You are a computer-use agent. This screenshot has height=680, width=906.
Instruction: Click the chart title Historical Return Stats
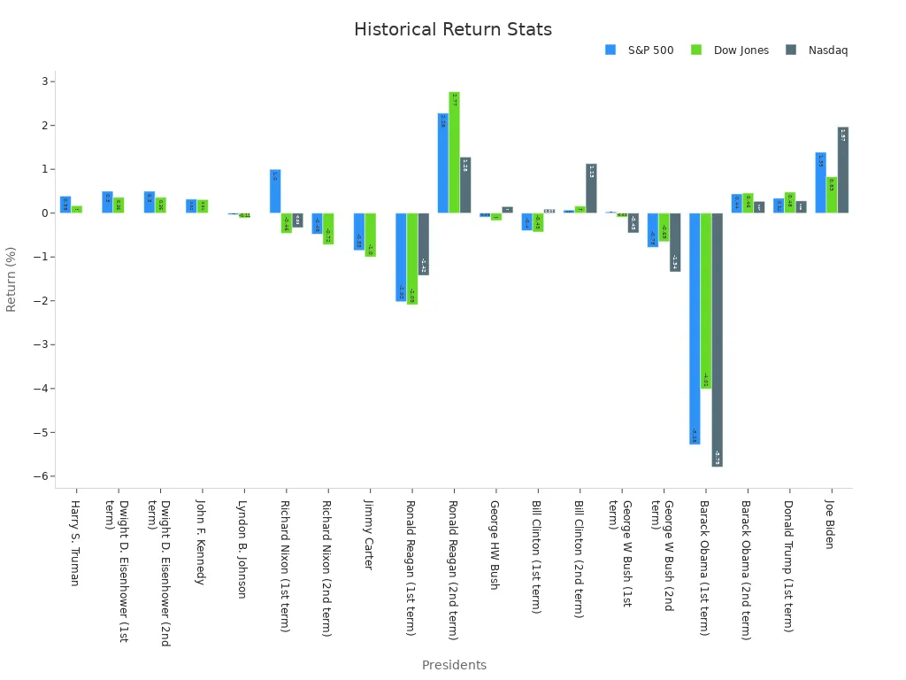click(x=452, y=30)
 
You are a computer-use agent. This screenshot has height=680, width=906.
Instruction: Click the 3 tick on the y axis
click(x=46, y=81)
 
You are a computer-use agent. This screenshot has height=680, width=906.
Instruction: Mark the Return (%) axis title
click(x=12, y=279)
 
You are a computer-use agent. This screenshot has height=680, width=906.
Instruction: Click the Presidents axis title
click(x=454, y=665)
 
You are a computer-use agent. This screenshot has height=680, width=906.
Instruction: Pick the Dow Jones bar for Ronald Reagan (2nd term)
click(x=454, y=152)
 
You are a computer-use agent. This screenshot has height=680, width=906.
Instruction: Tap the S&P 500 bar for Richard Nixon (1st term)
click(x=275, y=191)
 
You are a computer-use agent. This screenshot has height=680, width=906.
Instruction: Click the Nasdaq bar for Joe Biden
click(x=843, y=170)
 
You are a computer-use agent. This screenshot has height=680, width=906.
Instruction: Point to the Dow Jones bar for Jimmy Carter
click(x=370, y=235)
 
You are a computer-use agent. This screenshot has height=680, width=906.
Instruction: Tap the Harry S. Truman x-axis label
click(x=75, y=543)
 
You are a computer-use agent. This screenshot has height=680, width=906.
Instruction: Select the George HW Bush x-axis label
click(x=495, y=545)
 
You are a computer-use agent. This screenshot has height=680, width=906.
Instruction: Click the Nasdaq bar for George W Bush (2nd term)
click(x=675, y=242)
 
